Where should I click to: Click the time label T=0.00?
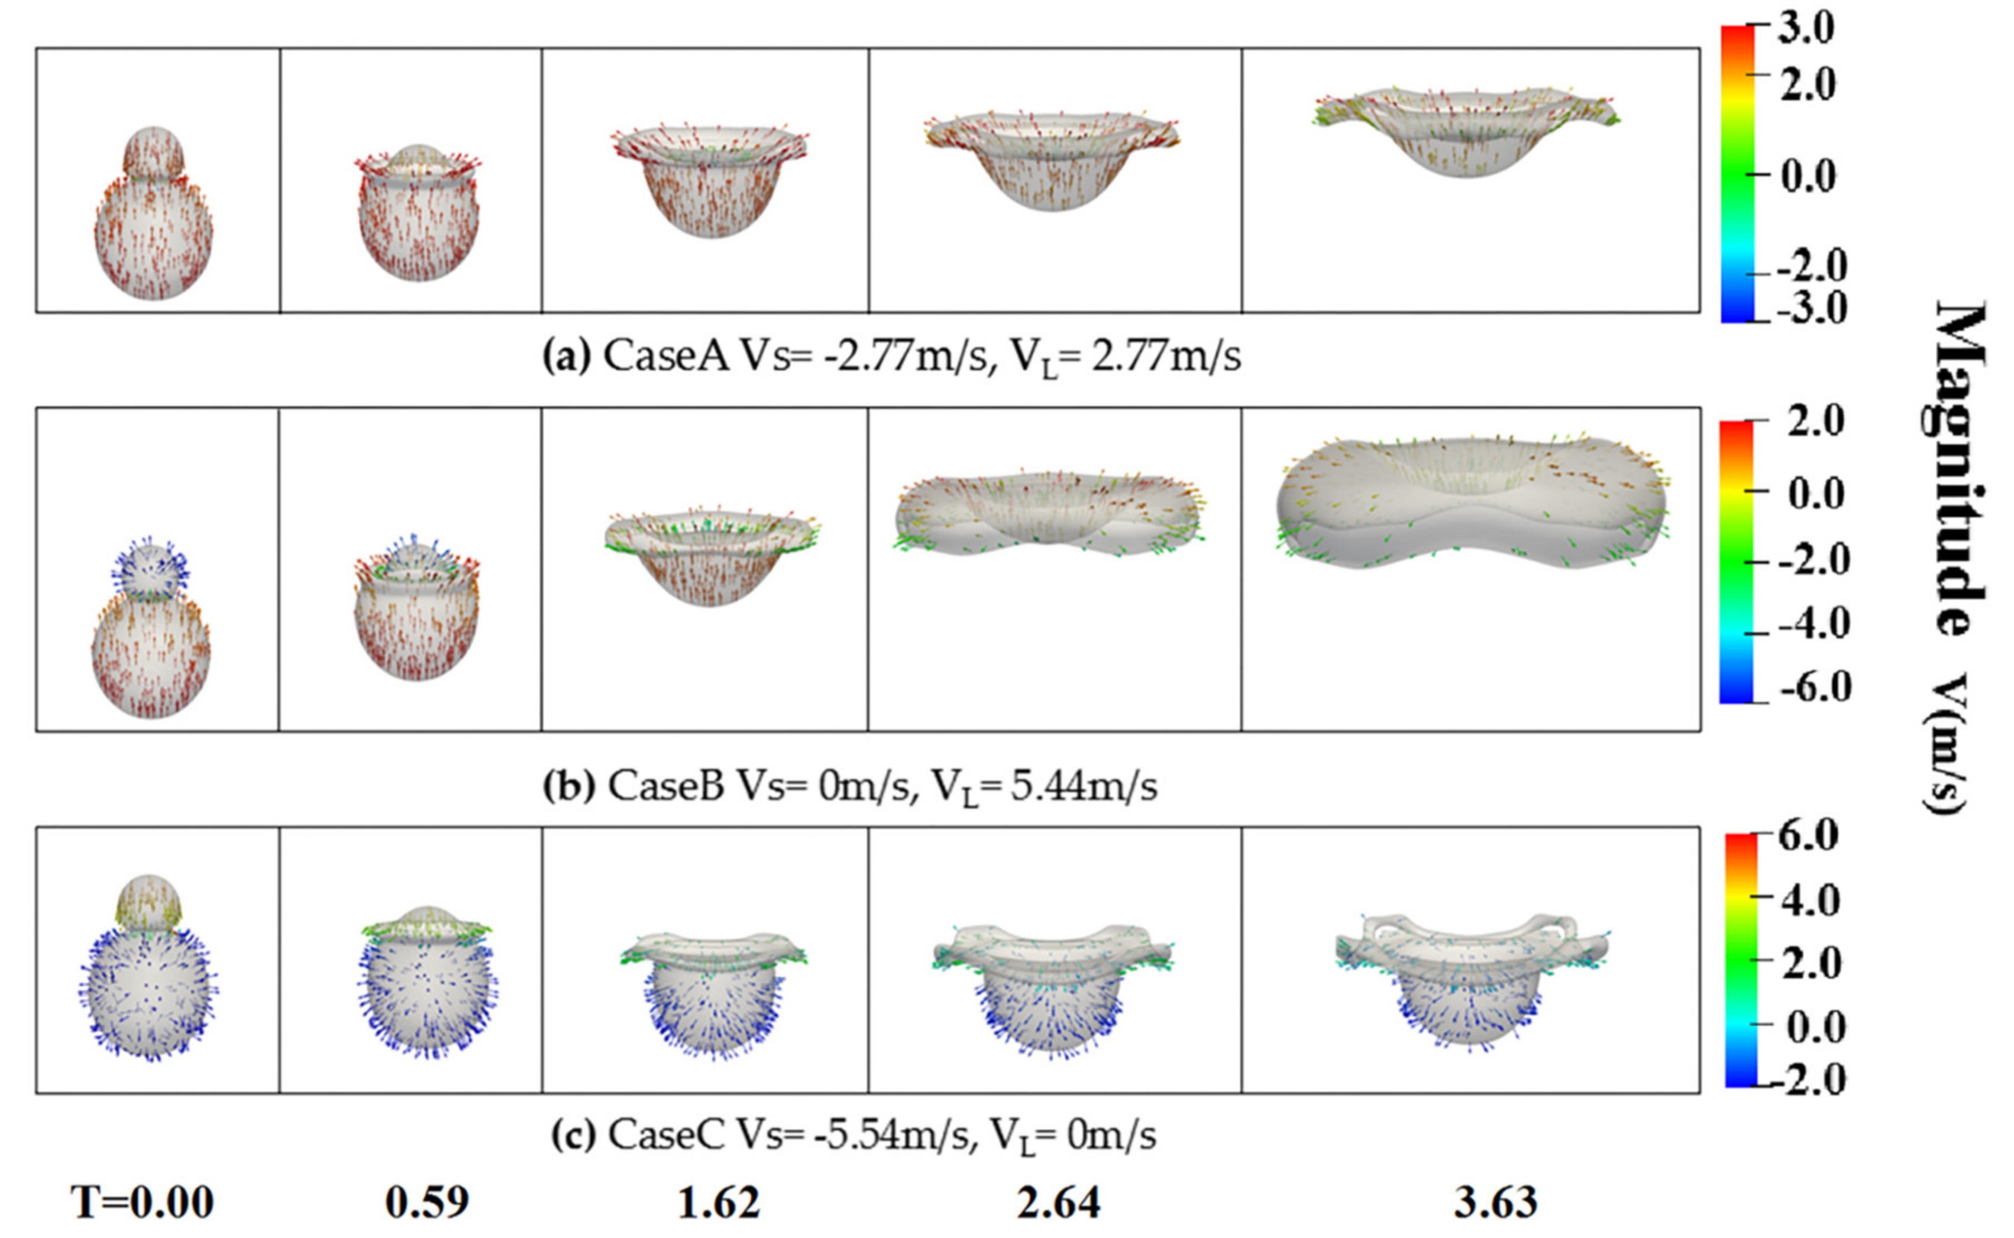(143, 1203)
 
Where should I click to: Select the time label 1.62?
(718, 1203)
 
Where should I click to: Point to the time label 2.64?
(1058, 1203)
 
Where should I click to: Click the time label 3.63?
(1495, 1203)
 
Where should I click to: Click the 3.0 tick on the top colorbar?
(1806, 30)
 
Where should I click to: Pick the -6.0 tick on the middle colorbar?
(1812, 687)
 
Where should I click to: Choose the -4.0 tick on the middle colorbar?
(1812, 624)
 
